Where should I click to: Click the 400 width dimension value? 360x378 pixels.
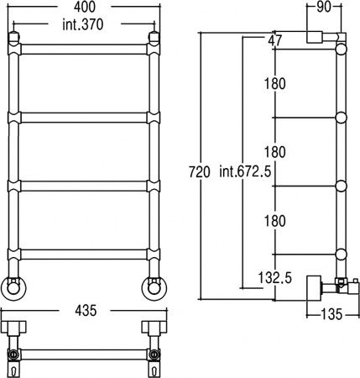(83, 8)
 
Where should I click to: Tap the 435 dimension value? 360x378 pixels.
(83, 310)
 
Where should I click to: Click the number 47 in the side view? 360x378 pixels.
(275, 40)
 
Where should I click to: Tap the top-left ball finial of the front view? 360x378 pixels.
(14, 36)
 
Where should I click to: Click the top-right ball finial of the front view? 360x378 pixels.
(154, 36)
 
